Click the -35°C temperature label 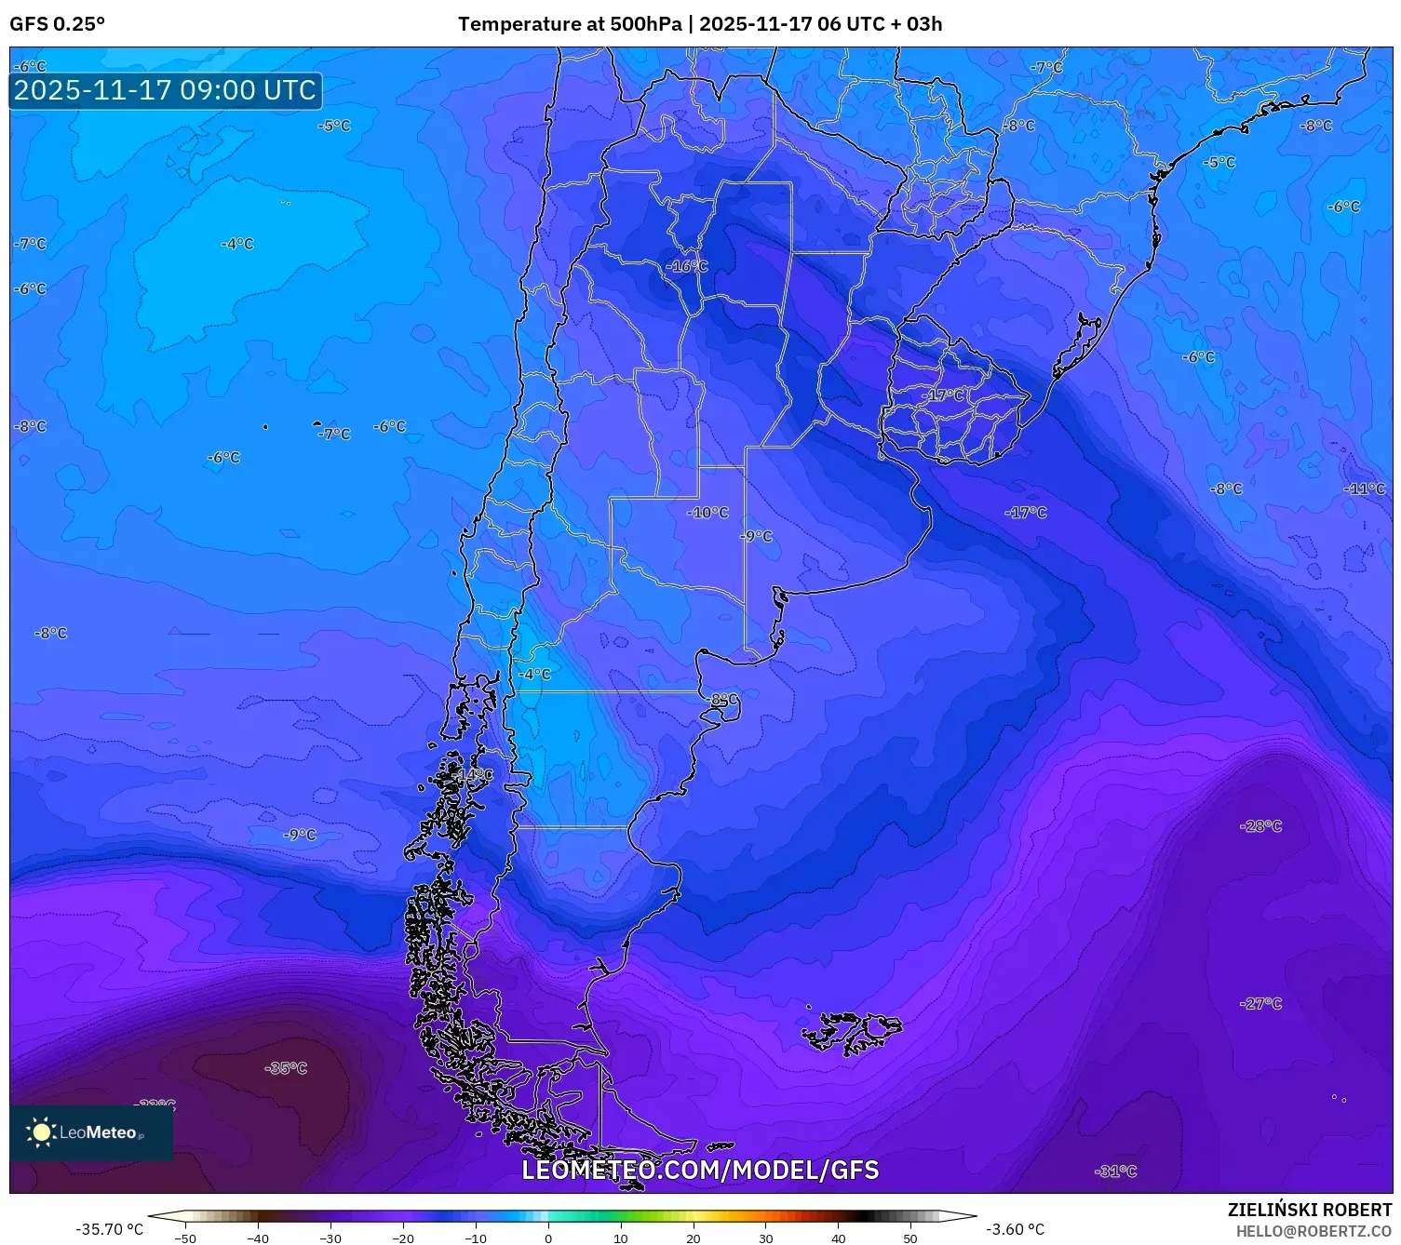286,1068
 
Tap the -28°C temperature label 1261,826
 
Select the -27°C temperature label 1261,1003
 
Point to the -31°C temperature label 1116,1171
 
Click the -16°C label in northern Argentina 687,266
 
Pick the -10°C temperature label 708,513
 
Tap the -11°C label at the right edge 1365,489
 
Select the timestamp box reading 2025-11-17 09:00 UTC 166,90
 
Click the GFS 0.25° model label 57,24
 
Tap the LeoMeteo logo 91,1132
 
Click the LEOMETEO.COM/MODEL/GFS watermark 700,1170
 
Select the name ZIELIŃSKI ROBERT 1310,1210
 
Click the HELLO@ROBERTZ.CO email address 1313,1231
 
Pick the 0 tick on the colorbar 548,1238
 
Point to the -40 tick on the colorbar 258,1238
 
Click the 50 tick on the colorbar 910,1238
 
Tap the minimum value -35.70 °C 110,1229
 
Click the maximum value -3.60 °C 1016,1229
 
